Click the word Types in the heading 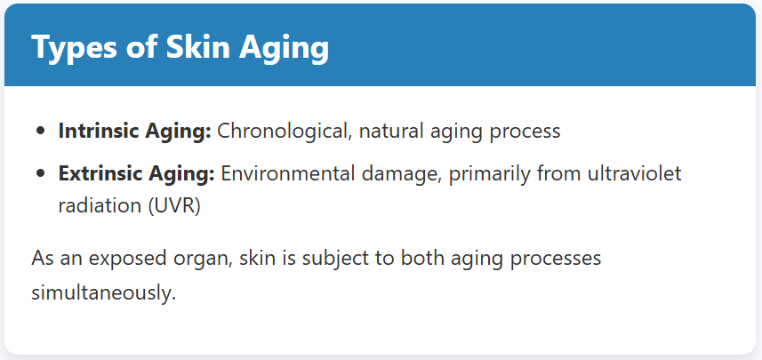(73, 48)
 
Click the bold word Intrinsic (96, 131)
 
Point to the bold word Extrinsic (98, 173)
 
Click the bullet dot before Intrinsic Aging (41, 131)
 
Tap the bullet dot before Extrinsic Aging (41, 173)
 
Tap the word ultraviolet (635, 173)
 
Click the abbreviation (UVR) (174, 206)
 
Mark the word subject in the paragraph (337, 259)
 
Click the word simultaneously (103, 293)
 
